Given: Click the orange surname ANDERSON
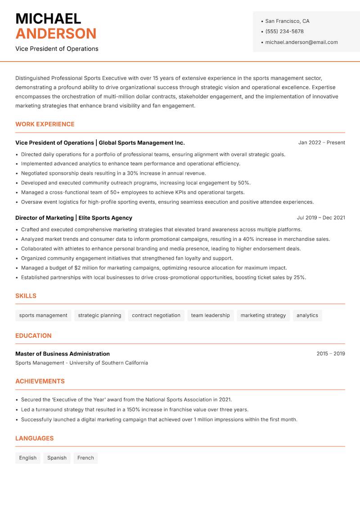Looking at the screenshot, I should [56, 34].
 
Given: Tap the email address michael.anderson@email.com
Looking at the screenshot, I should [301, 42].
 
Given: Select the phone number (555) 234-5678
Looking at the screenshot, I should [284, 31].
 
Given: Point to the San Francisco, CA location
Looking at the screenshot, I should [287, 21].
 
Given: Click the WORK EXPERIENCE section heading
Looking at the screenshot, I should [45, 124].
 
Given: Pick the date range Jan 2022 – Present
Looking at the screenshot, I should [321, 143].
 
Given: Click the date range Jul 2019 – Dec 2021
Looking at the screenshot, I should [321, 218].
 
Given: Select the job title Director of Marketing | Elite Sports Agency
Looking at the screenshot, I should [74, 218].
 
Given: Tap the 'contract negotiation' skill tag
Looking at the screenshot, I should [156, 316].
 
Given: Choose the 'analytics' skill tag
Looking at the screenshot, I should [307, 316].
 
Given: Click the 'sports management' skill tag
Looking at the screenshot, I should [43, 316].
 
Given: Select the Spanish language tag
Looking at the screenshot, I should [57, 458].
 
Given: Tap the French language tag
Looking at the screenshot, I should [85, 458].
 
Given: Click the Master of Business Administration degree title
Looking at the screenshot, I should [63, 354].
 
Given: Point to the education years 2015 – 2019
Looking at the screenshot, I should [330, 354].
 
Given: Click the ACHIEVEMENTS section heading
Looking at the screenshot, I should [40, 381].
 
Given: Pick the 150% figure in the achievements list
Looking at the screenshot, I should [122, 410].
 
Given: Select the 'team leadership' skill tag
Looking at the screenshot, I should [210, 316].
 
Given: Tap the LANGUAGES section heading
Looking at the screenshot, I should [34, 438].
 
